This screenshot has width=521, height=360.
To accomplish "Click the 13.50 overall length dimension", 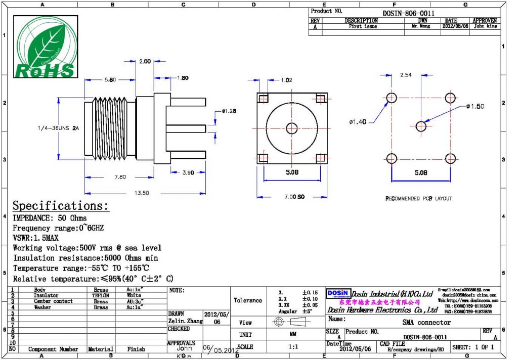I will click(x=142, y=193).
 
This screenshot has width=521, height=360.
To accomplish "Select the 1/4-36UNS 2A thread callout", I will click(x=58, y=128).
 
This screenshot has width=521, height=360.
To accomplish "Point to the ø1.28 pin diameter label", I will click(x=229, y=111).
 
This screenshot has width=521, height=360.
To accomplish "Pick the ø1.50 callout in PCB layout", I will click(x=475, y=106).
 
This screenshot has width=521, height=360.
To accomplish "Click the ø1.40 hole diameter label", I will click(x=358, y=122).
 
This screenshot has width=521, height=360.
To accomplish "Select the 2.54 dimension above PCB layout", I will click(x=405, y=75).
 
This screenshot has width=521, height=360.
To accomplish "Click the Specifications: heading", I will click(x=61, y=206).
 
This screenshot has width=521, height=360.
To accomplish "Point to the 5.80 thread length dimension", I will click(x=110, y=80).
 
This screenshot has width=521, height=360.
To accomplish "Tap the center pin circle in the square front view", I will click(x=291, y=128).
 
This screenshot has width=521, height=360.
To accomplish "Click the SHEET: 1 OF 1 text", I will click(x=472, y=348).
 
